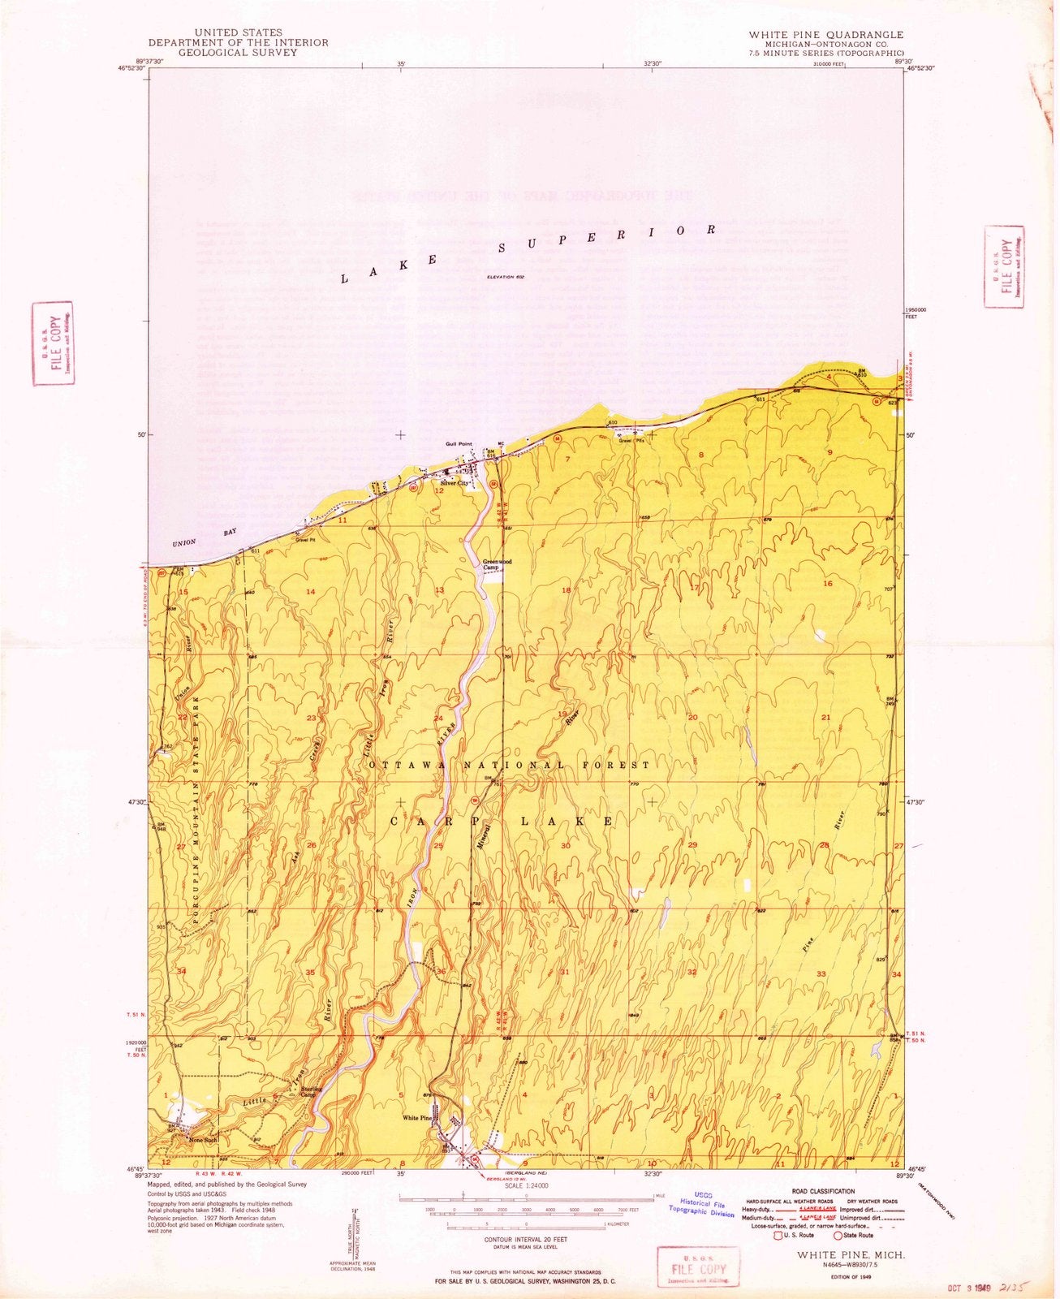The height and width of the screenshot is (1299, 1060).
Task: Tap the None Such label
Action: pos(203,1139)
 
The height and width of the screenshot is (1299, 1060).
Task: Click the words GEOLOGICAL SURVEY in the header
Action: pos(238,52)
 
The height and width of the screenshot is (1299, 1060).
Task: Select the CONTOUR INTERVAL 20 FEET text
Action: pos(527,1240)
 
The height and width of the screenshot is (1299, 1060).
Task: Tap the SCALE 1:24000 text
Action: pos(527,1185)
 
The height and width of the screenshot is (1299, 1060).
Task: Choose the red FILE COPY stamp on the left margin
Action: pos(54,344)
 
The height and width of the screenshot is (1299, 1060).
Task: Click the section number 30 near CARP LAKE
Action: pos(565,845)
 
